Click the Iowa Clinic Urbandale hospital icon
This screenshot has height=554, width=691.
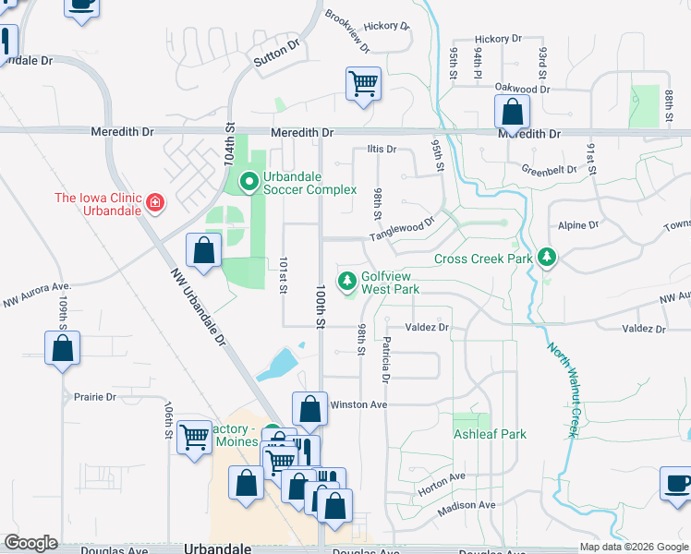point(154,202)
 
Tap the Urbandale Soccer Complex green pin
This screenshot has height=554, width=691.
point(248,182)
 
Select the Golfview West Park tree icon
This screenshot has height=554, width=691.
point(347,281)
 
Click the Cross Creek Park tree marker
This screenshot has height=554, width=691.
point(548,258)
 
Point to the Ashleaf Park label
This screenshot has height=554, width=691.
point(489,434)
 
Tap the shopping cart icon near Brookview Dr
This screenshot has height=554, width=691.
point(364,84)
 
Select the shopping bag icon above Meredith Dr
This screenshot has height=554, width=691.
point(512,113)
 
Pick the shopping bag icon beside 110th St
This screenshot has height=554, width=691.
point(62,349)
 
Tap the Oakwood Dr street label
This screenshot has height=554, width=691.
point(522,90)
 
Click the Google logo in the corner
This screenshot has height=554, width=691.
point(31,543)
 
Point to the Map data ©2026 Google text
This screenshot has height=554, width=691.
point(633,547)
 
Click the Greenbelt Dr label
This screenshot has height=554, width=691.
point(548,170)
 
